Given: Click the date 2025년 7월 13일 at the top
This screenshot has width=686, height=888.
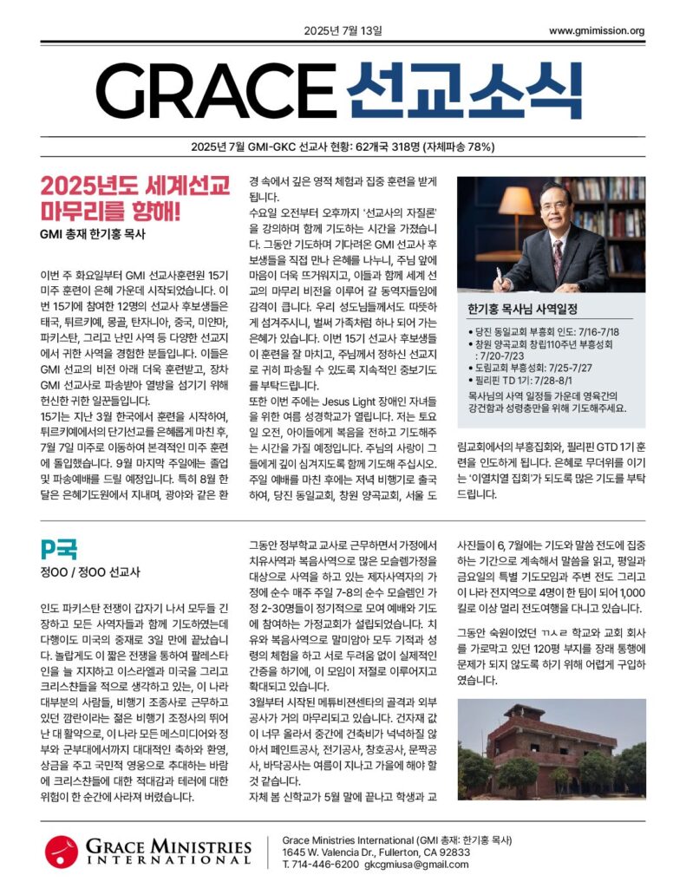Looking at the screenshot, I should [343, 31].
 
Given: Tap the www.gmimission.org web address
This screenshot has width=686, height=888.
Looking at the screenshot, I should [597, 31].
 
